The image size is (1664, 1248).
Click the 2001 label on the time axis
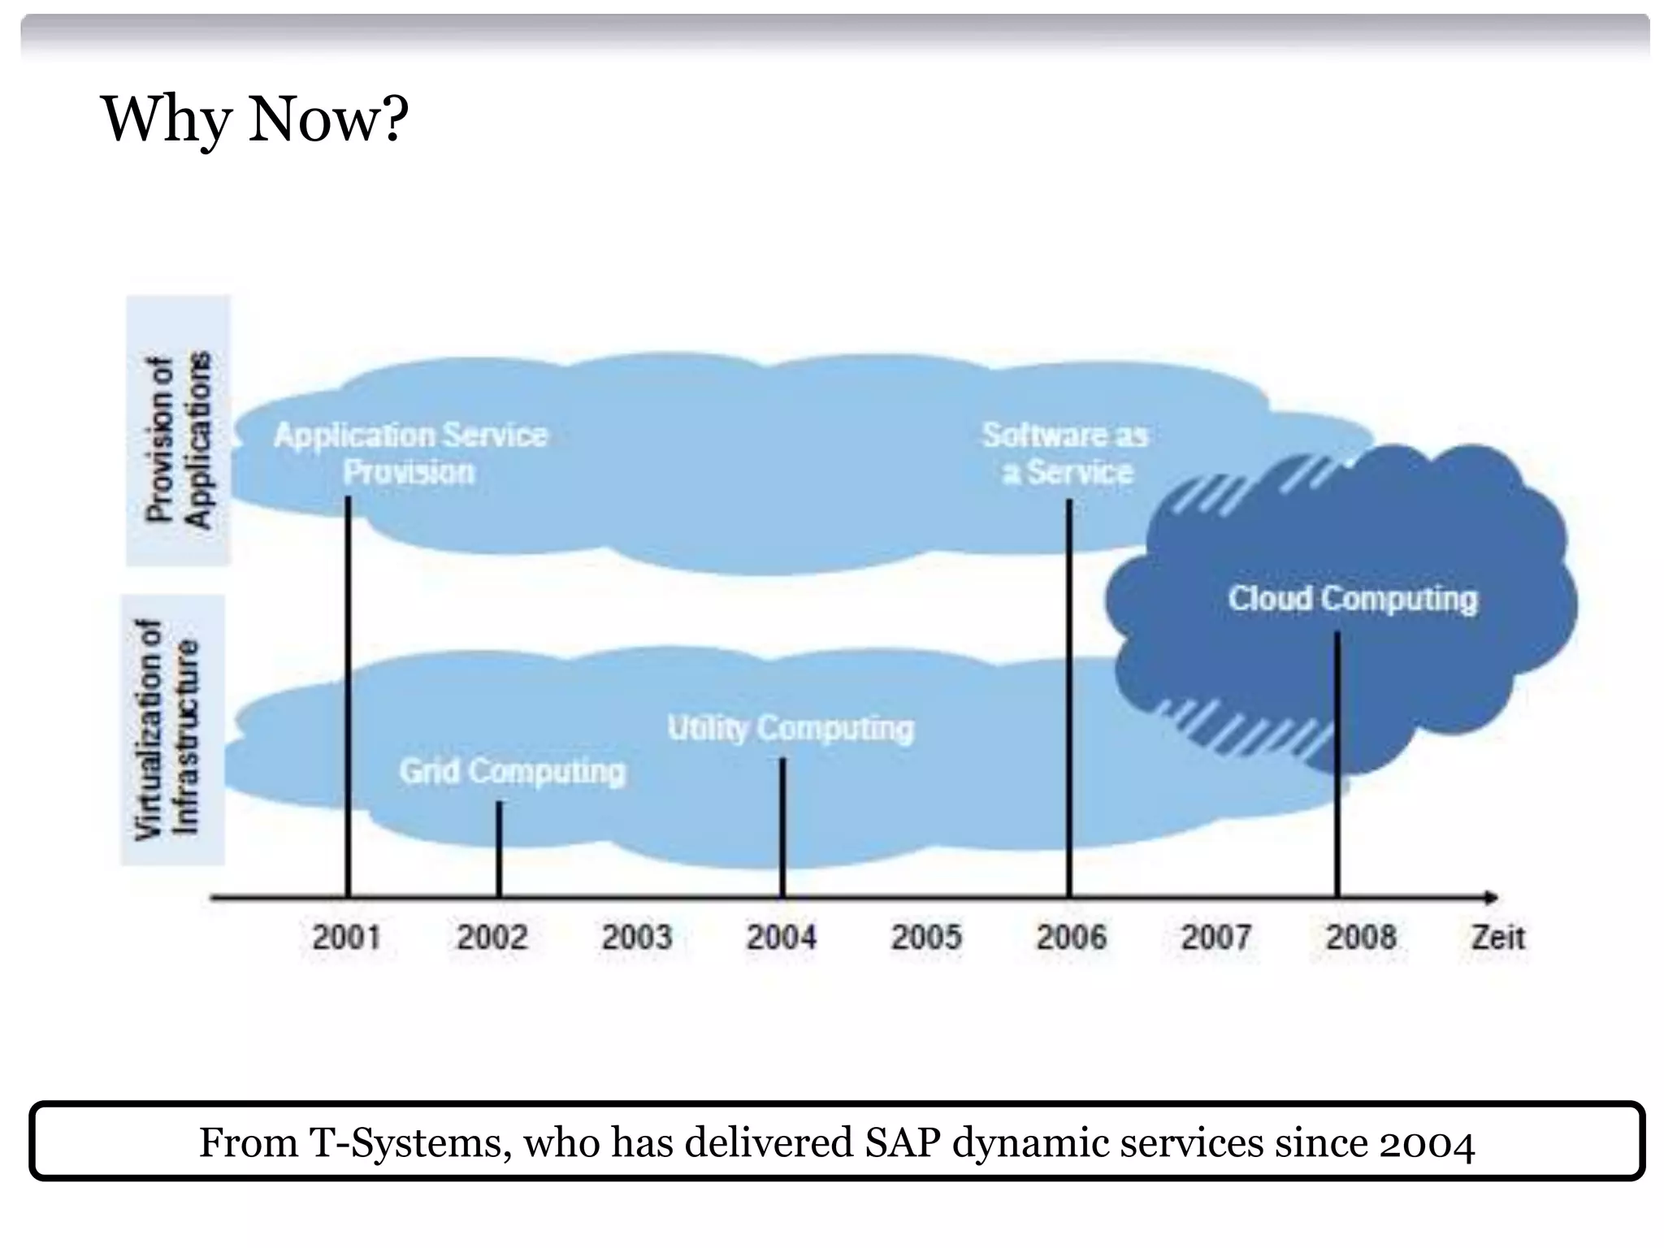click(346, 938)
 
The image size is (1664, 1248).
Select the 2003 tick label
click(636, 938)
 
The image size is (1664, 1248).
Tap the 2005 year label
click(926, 938)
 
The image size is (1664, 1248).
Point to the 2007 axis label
click(1215, 938)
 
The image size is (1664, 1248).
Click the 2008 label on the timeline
click(1361, 938)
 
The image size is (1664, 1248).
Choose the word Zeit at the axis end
click(1497, 938)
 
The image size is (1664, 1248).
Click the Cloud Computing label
click(1352, 599)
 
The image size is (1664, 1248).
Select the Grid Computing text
click(512, 771)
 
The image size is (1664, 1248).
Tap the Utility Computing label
click(790, 728)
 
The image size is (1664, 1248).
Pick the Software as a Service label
click(1065, 453)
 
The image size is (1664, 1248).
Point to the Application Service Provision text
click(410, 453)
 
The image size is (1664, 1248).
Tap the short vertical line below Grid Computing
click(499, 849)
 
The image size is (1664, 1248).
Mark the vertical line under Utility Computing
click(782, 827)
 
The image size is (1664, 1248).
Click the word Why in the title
click(166, 120)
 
